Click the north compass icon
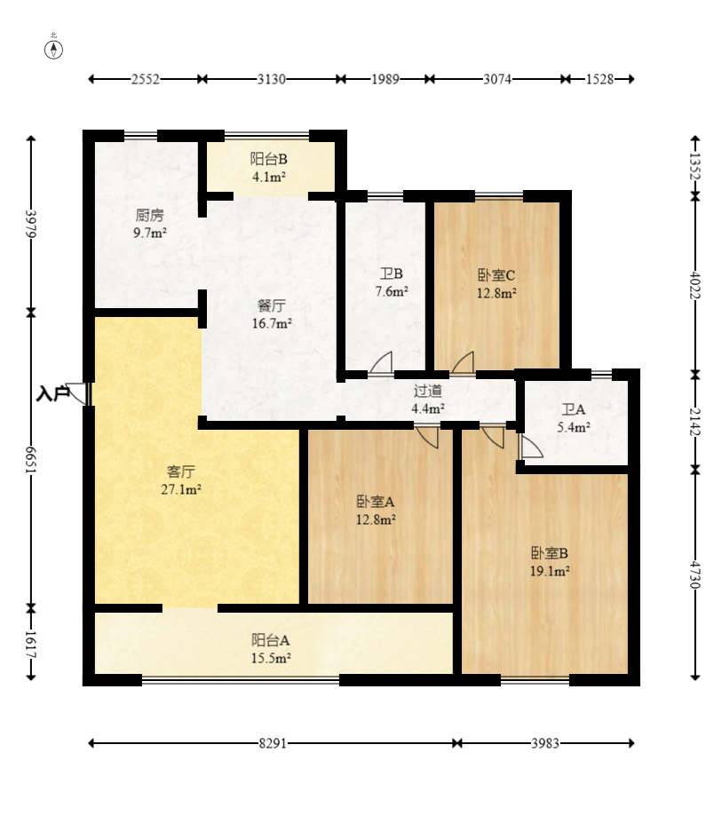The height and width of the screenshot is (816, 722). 53,49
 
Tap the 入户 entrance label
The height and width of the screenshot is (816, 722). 52,393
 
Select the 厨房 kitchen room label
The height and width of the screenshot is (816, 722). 150,214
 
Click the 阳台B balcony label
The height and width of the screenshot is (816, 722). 268,159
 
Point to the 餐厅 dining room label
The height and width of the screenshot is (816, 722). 271,305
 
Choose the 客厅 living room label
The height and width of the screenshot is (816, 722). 180,471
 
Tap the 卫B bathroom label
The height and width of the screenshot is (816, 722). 392,273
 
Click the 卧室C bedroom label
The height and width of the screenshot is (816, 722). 496,274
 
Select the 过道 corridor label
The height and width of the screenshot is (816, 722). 428,391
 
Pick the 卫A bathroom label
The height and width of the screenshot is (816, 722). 574,409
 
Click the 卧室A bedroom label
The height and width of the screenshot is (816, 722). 376,502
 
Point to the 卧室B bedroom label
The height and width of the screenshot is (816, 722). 550,552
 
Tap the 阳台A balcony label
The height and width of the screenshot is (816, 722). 271,639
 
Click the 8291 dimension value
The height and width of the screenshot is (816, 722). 273,743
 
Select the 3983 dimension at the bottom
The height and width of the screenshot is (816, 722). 545,743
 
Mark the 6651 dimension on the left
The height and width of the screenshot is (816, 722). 31,460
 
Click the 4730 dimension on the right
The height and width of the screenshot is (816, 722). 695,574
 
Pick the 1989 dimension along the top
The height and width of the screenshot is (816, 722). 385,79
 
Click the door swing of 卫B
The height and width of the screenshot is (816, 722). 382,363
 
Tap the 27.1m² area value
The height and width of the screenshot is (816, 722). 180,489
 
